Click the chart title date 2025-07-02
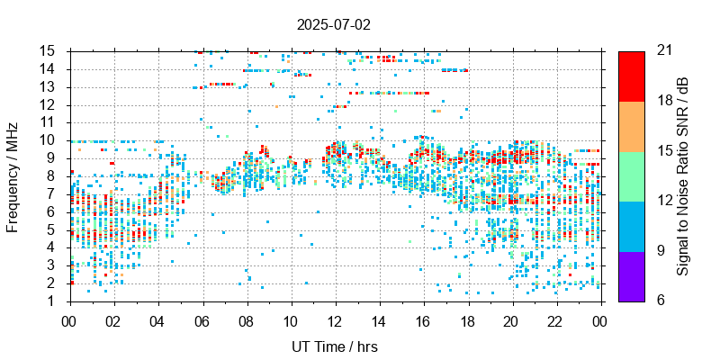pyautogui.click(x=333, y=25)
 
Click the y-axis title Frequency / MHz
pyautogui.click(x=13, y=175)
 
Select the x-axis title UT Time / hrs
pyautogui.click(x=333, y=346)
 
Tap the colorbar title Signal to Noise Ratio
pyautogui.click(x=683, y=175)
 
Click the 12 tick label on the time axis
pyautogui.click(x=335, y=320)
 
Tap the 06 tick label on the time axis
pyautogui.click(x=202, y=320)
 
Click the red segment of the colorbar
pyautogui.click(x=631, y=76)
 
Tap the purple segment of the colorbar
pyautogui.click(x=631, y=275)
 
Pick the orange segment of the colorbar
pyautogui.click(x=631, y=125)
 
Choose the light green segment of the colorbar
pyautogui.click(x=631, y=175)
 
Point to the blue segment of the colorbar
pyautogui.click(x=631, y=225)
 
